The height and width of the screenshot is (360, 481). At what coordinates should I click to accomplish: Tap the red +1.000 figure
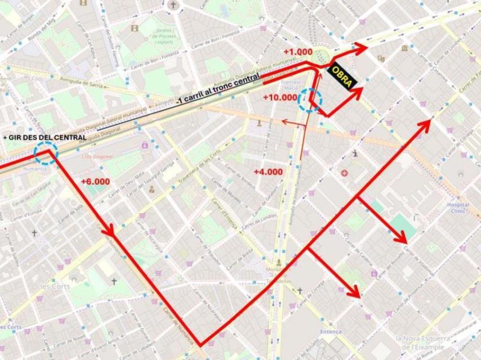pos(297,52)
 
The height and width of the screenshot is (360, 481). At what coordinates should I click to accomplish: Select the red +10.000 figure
pos(280,97)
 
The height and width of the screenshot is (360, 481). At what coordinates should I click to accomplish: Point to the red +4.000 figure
pos(267,172)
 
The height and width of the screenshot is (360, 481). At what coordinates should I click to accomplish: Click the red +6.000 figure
pos(95,182)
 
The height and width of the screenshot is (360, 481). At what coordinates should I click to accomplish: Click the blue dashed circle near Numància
pos(46,153)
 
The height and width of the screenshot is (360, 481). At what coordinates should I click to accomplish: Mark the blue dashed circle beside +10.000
pos(310,100)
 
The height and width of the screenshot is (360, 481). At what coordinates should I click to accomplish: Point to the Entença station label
pos(331,332)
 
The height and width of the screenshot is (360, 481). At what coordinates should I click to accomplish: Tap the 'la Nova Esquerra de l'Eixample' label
pos(422,343)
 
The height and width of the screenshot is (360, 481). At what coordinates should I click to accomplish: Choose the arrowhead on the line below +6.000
pos(108,231)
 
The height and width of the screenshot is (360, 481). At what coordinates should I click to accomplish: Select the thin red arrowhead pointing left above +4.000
pos(284,121)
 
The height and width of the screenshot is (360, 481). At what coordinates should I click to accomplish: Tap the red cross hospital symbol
pos(344,173)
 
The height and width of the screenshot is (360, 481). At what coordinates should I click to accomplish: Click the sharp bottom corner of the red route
pos(200,345)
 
